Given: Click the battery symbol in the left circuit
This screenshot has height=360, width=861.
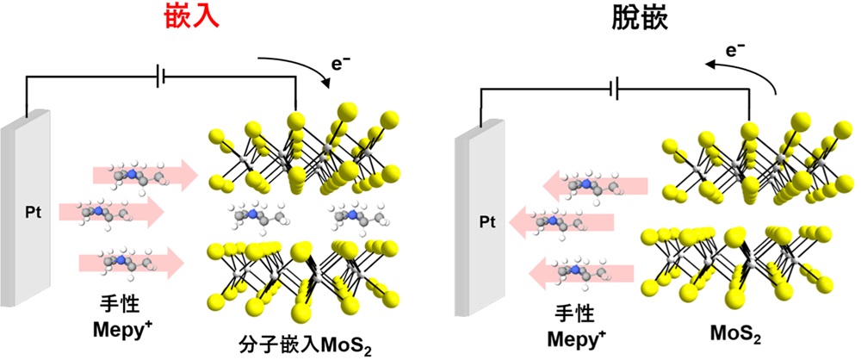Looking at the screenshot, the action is (160, 78).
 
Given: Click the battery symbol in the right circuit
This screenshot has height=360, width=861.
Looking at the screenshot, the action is (616, 89).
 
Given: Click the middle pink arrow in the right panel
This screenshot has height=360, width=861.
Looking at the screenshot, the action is (561, 222).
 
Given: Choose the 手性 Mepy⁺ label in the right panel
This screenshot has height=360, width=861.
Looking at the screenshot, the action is (573, 327).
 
